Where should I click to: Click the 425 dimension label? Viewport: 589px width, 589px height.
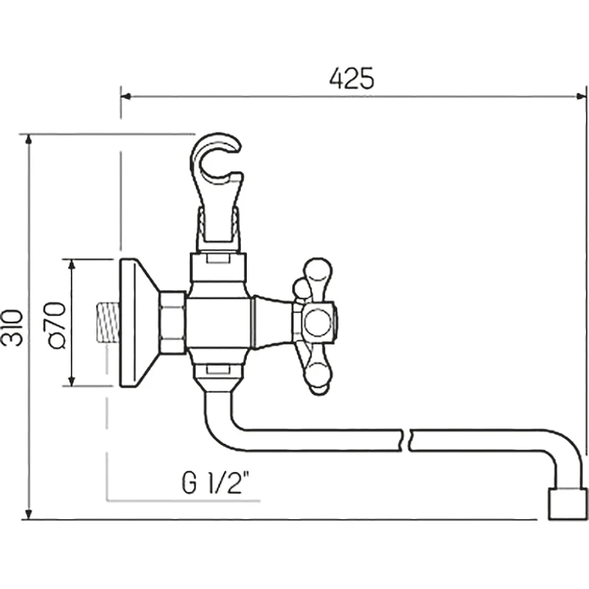(352, 79)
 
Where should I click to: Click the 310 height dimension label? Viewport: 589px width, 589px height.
(12, 328)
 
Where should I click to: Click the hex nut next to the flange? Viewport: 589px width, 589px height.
(172, 322)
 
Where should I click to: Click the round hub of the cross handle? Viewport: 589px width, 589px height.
(318, 322)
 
